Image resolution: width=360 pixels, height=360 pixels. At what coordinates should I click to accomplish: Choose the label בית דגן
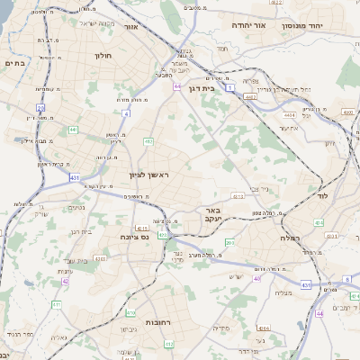pos(208,89)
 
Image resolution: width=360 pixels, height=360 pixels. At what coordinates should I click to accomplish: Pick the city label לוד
pos(322,195)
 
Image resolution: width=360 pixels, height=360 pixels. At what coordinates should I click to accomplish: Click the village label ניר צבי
pos(261,188)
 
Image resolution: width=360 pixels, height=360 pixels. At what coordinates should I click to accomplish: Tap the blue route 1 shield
pos(230,88)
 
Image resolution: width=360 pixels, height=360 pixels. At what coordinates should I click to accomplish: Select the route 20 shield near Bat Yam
pos(40,107)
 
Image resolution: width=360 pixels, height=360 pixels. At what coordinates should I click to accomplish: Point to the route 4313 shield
pos(238,195)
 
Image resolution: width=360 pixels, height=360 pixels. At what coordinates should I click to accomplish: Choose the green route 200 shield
pos(229,243)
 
